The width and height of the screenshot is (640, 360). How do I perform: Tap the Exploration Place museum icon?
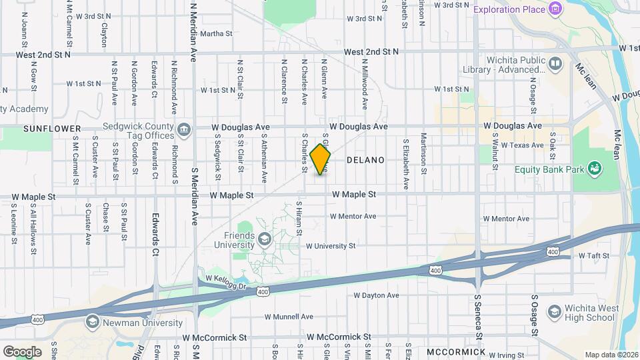click(555, 9)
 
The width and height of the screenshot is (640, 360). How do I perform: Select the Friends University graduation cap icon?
click(265, 238)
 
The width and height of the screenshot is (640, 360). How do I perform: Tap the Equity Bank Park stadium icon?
click(593, 169)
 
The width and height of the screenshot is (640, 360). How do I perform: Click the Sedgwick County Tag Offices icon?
click(184, 128)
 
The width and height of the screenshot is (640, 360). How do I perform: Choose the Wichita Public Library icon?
click(555, 64)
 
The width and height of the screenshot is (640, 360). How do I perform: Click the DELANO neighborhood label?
click(365, 160)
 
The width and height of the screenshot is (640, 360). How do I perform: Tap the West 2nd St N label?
click(371, 51)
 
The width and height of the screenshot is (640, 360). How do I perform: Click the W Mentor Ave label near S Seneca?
click(506, 218)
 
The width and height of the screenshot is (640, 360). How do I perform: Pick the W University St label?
click(331, 246)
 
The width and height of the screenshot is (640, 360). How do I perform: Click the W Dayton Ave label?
click(376, 295)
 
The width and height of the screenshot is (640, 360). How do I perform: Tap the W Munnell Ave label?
click(289, 317)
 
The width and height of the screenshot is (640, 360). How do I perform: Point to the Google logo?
click(22, 351)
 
